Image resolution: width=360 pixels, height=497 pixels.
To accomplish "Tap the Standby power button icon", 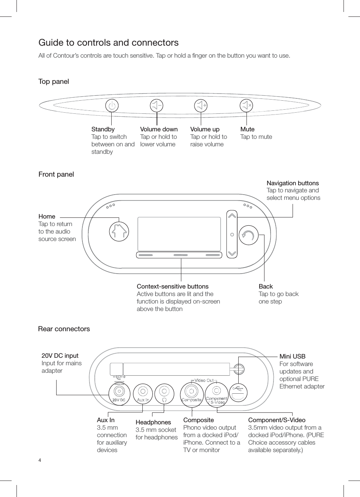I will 112,106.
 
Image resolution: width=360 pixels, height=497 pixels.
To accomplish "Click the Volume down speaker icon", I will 157,106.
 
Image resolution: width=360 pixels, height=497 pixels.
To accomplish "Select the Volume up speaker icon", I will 201,106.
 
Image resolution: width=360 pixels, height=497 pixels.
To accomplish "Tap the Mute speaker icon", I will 246,106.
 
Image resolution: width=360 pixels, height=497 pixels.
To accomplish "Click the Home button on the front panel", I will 119,231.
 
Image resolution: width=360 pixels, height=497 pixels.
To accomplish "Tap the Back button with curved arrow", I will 248,235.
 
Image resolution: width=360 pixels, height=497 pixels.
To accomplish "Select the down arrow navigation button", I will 232,253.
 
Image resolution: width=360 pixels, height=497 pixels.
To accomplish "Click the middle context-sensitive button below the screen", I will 180,255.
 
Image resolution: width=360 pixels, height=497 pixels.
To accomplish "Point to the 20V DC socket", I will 119,391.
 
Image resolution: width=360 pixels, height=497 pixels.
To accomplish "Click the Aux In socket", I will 143,391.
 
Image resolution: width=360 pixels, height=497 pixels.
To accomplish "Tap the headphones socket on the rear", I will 164,391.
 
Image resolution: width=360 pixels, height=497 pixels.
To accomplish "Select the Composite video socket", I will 192,391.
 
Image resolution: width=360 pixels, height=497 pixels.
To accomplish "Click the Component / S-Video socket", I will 217,391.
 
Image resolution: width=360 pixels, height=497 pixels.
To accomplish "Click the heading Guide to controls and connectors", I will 108,43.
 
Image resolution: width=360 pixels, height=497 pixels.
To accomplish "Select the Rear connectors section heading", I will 64,329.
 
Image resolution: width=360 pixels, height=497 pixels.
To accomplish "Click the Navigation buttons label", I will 293,183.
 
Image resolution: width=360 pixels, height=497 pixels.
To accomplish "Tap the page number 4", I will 40,460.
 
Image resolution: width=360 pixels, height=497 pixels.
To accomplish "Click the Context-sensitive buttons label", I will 172,286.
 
